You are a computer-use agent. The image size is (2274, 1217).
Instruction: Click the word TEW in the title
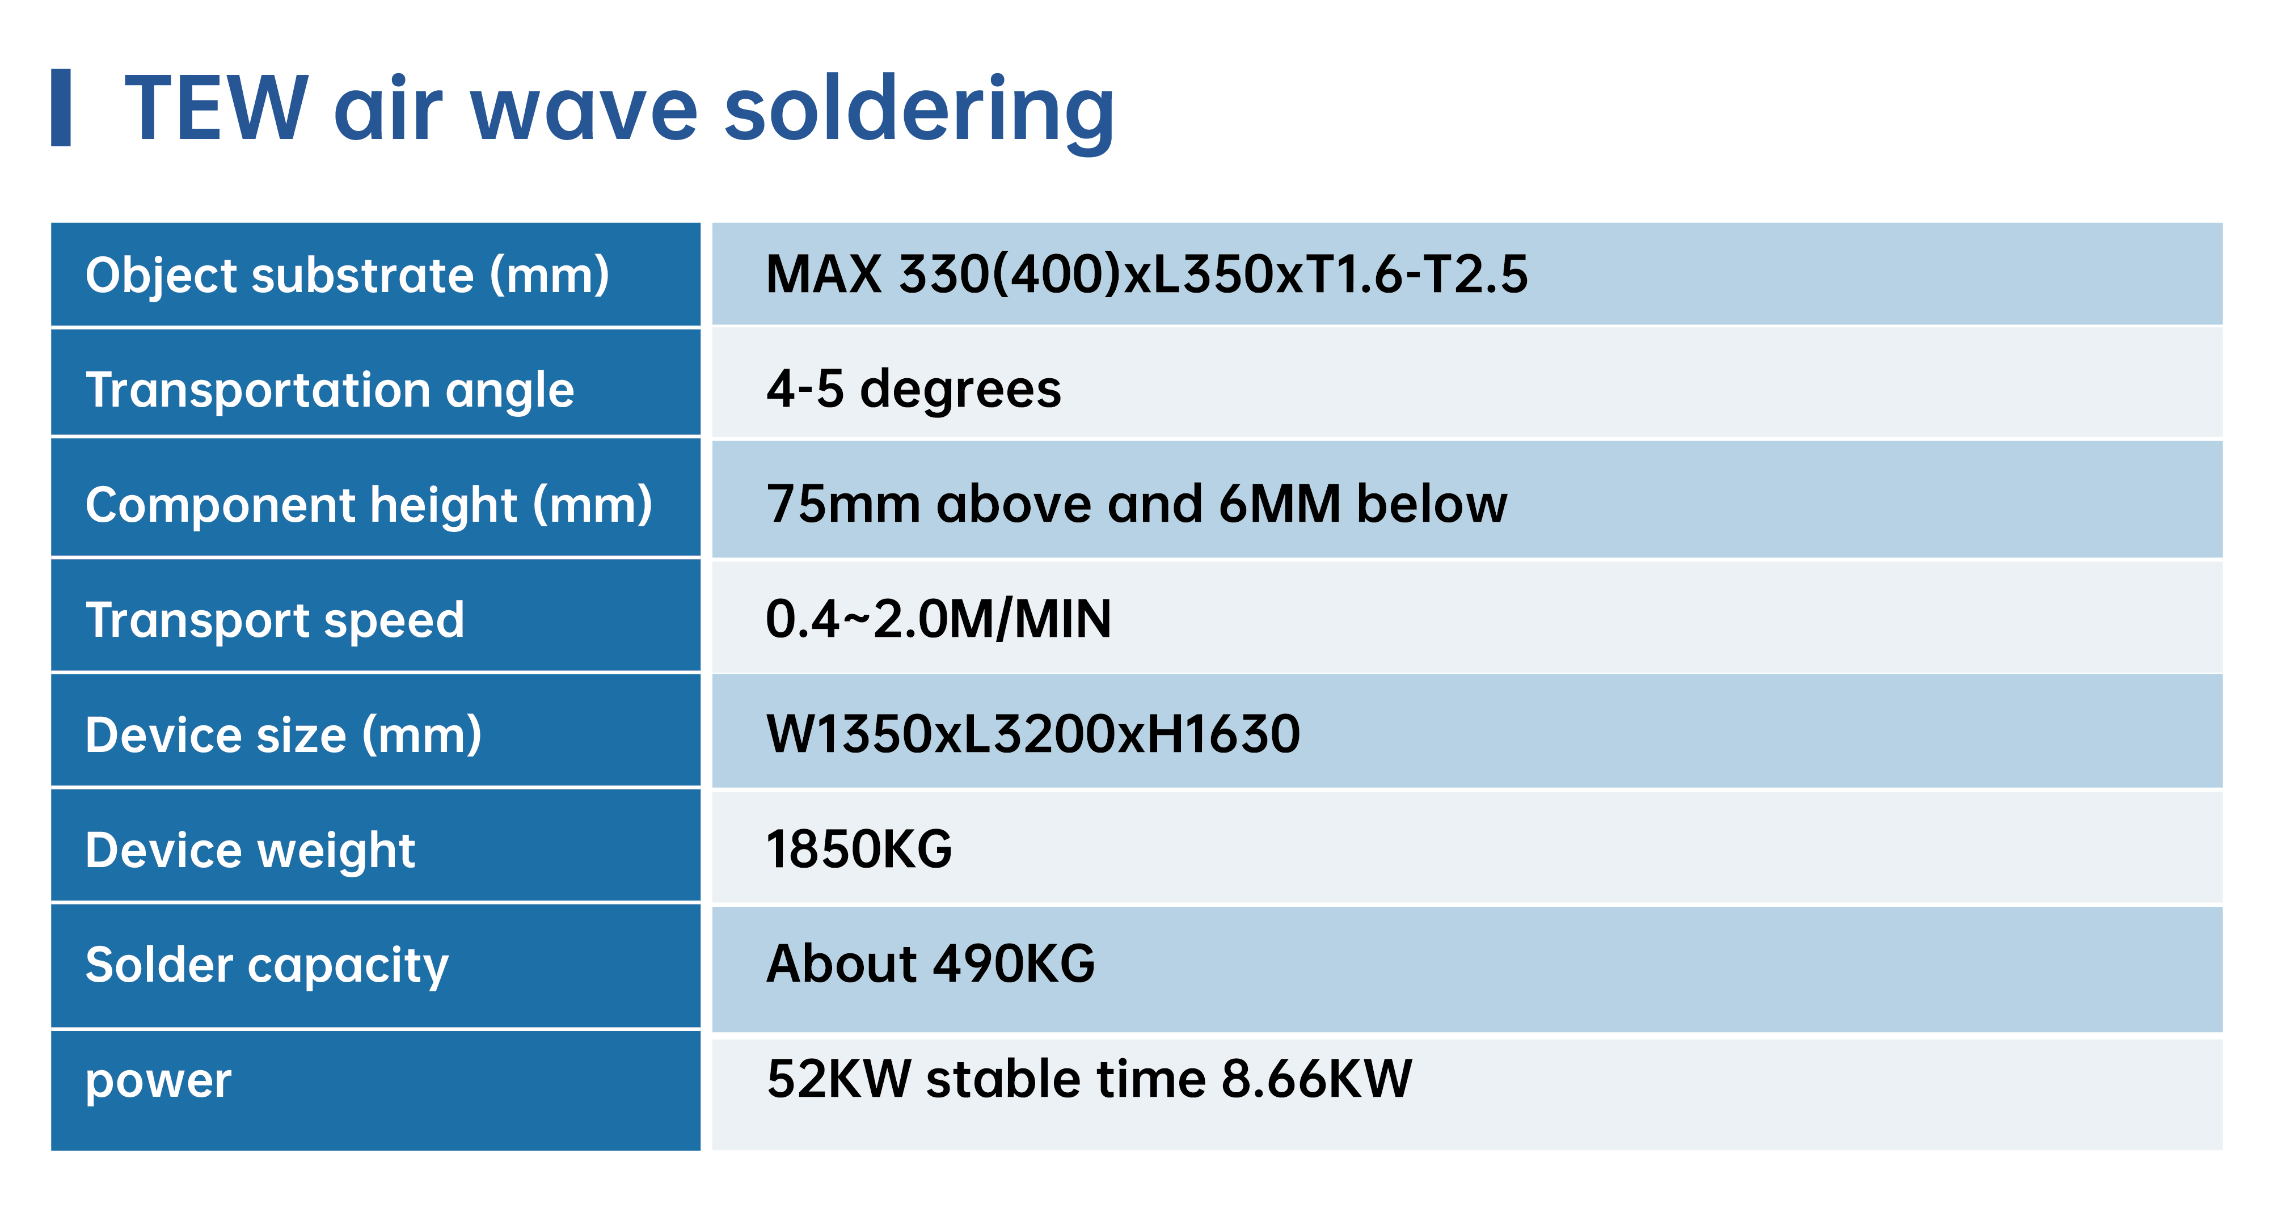[x=216, y=108]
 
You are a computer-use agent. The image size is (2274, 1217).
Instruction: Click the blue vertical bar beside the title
[x=61, y=108]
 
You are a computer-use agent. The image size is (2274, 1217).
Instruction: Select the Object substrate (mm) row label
[x=347, y=276]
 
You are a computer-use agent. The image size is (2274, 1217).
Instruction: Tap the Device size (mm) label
[x=284, y=735]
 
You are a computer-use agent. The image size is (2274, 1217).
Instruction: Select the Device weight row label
[x=250, y=851]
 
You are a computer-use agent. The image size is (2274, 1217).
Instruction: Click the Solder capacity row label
[x=267, y=965]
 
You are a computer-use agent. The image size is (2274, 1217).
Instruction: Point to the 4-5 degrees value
[x=914, y=389]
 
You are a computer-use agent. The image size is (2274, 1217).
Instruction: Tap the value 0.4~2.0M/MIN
[x=938, y=619]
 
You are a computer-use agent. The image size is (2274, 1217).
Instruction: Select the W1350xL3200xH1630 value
[x=1033, y=733]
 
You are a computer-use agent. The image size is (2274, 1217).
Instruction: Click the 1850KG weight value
[x=859, y=849]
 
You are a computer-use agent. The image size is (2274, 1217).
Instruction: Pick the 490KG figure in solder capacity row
[x=1014, y=964]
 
